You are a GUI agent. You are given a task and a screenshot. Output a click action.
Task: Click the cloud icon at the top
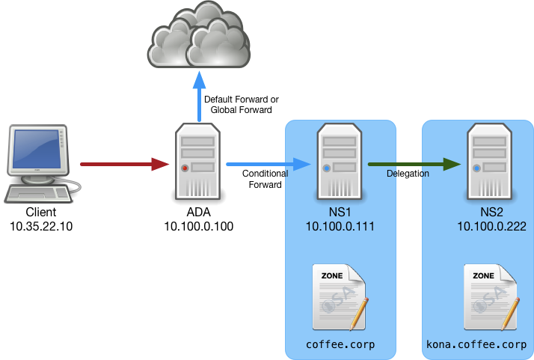tap(200, 36)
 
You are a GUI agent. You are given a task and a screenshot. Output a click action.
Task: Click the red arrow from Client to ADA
tap(123, 163)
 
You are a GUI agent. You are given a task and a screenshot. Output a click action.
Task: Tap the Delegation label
tap(408, 174)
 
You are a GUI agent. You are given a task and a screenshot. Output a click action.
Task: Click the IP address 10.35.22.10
tap(41, 225)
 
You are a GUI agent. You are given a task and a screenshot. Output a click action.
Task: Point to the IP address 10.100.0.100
tap(198, 225)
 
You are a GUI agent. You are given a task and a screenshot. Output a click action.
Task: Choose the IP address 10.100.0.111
tap(340, 225)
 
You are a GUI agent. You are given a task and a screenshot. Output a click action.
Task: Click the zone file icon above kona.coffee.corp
tap(490, 297)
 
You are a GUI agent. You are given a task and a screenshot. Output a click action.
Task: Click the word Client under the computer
tap(41, 213)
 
